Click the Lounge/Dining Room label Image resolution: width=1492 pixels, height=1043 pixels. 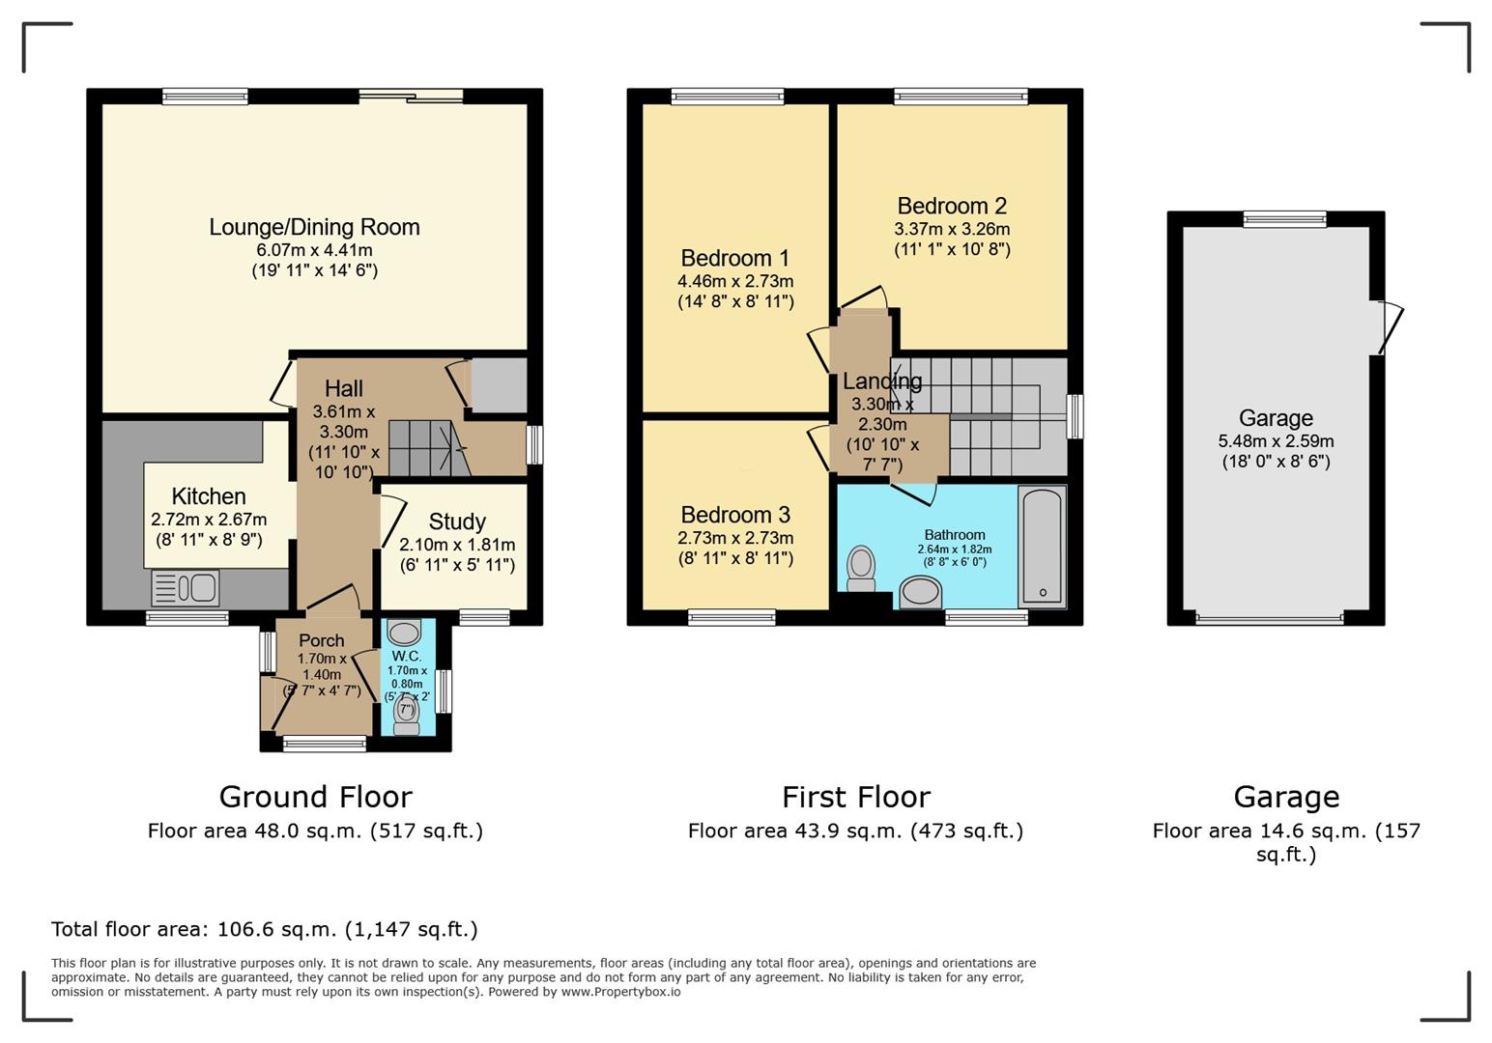coord(314,227)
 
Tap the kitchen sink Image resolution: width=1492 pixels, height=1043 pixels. coord(186,587)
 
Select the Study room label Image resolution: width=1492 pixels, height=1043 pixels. coord(456,521)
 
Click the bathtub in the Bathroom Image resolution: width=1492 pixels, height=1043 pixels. coord(1043,547)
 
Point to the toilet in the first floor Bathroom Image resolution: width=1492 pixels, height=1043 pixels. coord(860,568)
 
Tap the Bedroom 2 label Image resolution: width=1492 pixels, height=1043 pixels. coord(951,206)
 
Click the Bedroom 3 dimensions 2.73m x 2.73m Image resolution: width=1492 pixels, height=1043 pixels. coord(734,538)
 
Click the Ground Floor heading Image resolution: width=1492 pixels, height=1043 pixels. coord(315,797)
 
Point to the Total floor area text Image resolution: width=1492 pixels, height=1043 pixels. coord(264,929)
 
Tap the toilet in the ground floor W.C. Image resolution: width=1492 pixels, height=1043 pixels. coord(407,716)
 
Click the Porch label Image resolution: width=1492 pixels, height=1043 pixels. coord(321,640)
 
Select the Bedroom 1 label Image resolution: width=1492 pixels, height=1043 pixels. coord(734,258)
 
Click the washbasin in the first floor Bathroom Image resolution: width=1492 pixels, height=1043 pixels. coord(920,592)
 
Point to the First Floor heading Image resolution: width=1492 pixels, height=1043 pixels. coord(855,797)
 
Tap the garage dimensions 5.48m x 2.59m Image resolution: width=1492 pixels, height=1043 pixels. coord(1276,441)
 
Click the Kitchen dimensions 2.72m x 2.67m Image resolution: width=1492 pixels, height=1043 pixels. coord(208,520)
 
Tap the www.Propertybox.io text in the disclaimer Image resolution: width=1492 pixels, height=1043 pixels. coord(620,992)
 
